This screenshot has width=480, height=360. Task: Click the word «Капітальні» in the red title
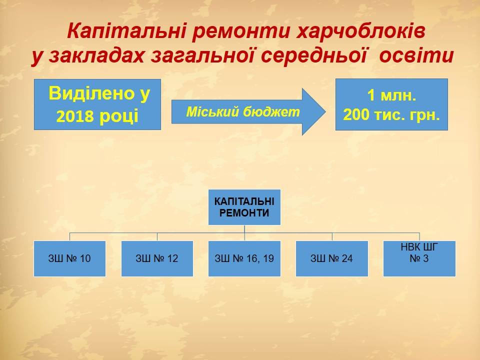point(126,31)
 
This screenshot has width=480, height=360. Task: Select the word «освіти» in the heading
point(416,55)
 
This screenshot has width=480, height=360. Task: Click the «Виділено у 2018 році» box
point(97,104)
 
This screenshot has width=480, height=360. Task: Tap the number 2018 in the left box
point(74,116)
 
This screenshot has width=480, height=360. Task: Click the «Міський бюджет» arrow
point(248,111)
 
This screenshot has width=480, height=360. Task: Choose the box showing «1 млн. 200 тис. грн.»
point(391,104)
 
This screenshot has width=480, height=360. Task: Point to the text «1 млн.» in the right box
point(391,95)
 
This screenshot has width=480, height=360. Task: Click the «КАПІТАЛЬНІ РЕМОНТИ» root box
point(244,207)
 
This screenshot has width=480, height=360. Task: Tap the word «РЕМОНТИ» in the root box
point(244,213)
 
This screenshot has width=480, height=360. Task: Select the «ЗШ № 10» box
point(70,258)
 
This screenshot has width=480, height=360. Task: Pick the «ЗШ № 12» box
point(157,258)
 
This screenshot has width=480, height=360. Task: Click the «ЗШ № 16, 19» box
point(244,258)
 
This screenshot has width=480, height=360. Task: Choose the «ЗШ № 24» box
point(332,258)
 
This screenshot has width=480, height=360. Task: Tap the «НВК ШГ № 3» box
point(419,258)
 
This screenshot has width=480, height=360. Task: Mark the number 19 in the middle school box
point(268,258)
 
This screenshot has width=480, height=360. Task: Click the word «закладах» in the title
point(96,56)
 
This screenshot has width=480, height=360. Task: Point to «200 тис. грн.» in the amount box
point(391,115)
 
